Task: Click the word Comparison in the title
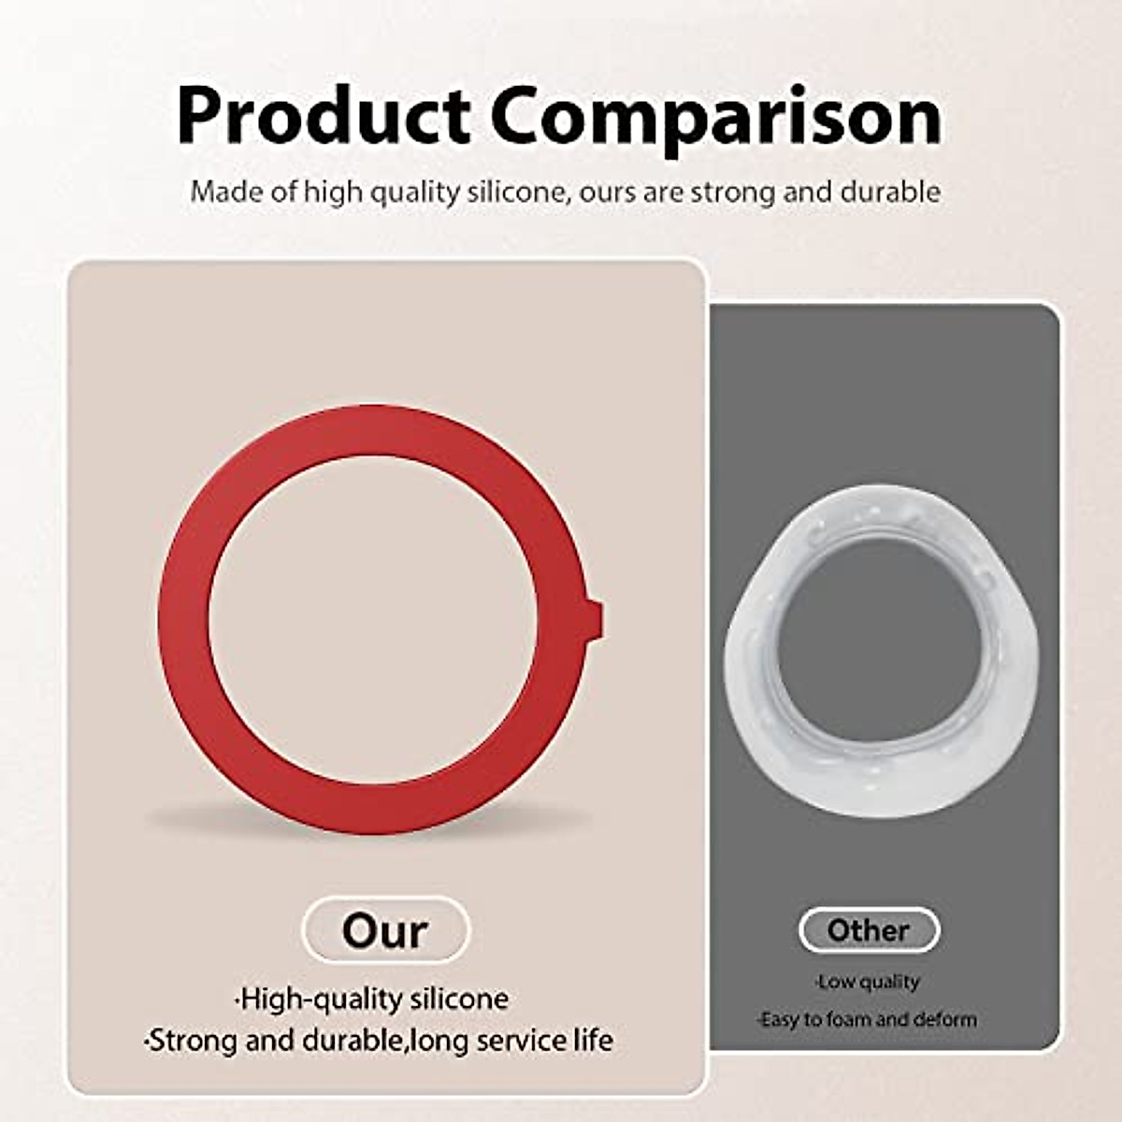pyautogui.click(x=716, y=116)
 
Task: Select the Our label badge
pyautogui.click(x=385, y=930)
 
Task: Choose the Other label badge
pyautogui.click(x=869, y=930)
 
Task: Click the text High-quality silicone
pyautogui.click(x=372, y=999)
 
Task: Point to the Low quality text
pyautogui.click(x=868, y=982)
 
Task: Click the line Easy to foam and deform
pyautogui.click(x=867, y=1019)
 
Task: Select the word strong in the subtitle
pyautogui.click(x=726, y=193)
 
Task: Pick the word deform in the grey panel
pyautogui.click(x=945, y=1019)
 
